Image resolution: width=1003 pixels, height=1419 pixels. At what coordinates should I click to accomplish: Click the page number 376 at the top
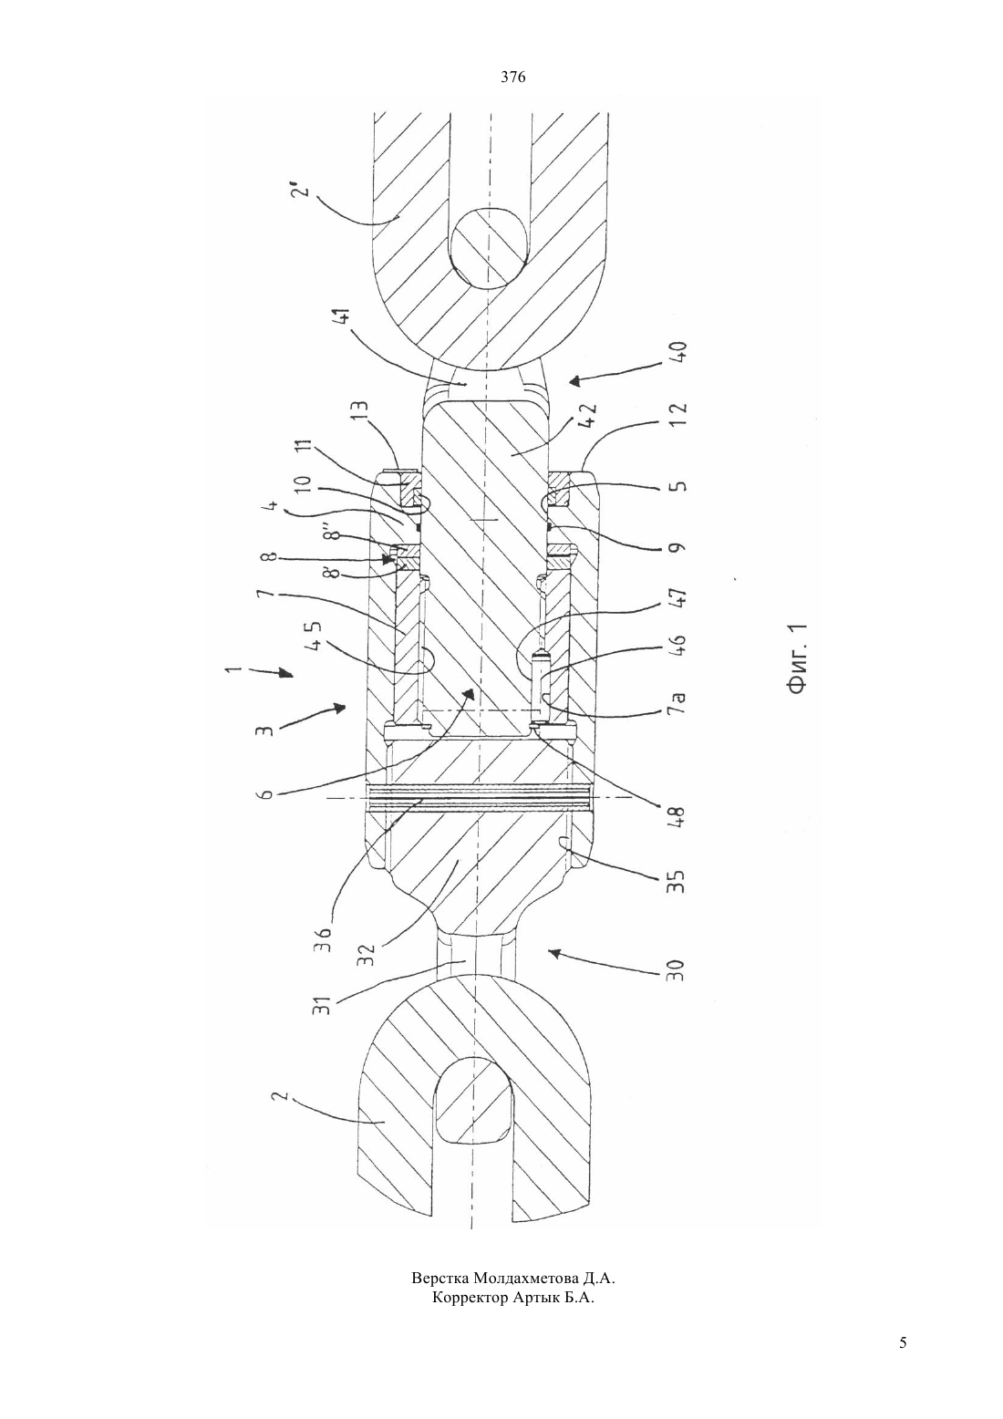pyautogui.click(x=512, y=78)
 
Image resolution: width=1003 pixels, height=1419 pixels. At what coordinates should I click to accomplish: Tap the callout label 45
pyautogui.click(x=315, y=636)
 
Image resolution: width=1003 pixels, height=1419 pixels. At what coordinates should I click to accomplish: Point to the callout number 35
pyautogui.click(x=677, y=879)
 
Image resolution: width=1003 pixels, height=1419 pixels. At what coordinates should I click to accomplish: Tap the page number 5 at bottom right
pyautogui.click(x=903, y=1362)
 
